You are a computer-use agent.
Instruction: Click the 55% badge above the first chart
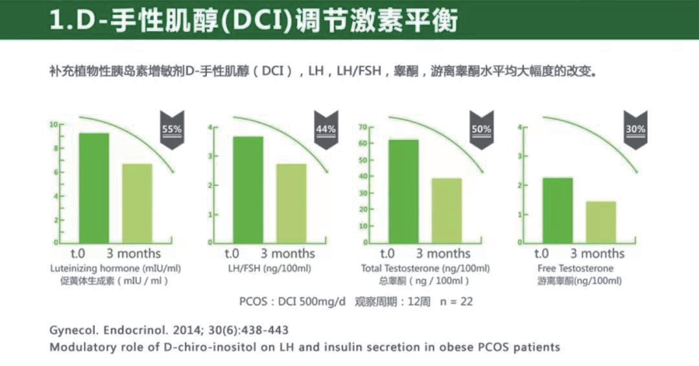click(172, 129)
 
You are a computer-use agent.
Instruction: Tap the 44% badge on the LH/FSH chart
click(326, 129)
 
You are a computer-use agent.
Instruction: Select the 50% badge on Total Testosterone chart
click(482, 129)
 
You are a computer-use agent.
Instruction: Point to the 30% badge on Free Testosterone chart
click(636, 129)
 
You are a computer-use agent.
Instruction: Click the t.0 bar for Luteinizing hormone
click(94, 187)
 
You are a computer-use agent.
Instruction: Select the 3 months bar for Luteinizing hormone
click(137, 203)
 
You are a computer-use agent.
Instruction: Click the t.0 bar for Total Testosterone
click(403, 191)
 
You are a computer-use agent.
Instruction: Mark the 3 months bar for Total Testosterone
click(447, 210)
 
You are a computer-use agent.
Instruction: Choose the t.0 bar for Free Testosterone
click(557, 210)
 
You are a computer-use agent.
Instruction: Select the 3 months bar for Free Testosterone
click(601, 222)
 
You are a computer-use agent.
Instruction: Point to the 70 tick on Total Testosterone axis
click(363, 127)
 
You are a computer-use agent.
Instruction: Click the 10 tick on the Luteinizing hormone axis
click(54, 124)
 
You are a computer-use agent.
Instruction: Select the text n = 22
click(451, 302)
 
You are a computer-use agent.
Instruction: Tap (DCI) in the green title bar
click(250, 20)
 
